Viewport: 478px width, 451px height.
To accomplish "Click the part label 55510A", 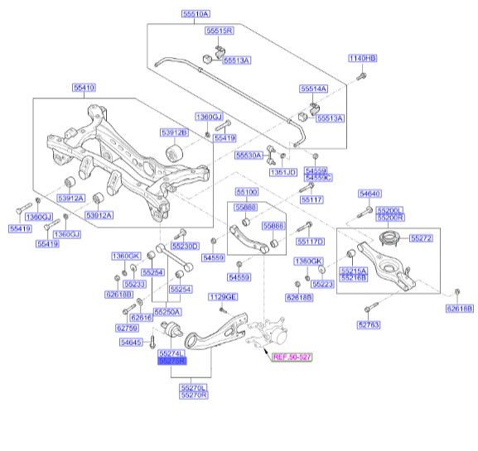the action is pos(196,14).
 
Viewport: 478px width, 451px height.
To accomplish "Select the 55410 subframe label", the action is pos(84,88).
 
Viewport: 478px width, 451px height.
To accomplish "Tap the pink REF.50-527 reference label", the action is pos(292,357).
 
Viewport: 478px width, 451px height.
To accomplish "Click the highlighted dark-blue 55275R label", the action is pos(172,361).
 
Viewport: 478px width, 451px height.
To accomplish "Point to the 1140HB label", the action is pos(363,58).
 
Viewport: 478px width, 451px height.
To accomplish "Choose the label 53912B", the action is pos(174,132).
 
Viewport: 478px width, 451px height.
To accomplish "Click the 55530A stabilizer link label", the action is pos(249,156).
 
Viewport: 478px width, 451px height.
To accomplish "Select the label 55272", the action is pos(421,238).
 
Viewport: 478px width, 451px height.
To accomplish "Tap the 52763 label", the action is pos(369,325).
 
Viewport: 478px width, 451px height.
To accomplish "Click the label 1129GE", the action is pos(223,297).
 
